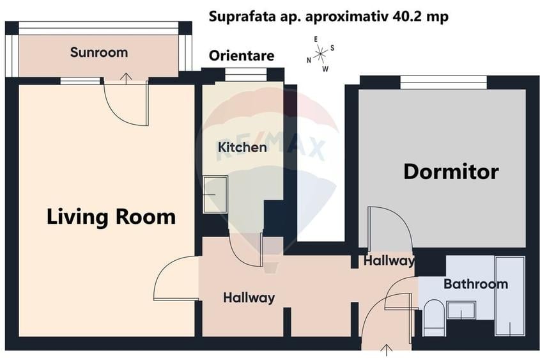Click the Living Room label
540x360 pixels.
(x=111, y=217)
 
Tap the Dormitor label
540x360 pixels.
(x=451, y=171)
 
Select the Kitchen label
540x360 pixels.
(x=242, y=148)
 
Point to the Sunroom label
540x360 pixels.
(x=99, y=52)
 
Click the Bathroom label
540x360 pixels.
(x=475, y=283)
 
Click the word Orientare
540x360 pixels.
(x=242, y=56)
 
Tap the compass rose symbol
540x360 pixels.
(x=320, y=53)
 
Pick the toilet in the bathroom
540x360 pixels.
(x=433, y=317)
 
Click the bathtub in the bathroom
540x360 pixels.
(x=509, y=295)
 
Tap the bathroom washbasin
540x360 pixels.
(x=460, y=309)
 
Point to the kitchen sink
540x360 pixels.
(x=215, y=194)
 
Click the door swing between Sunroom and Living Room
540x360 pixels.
(x=125, y=102)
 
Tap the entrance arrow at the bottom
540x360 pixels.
(x=386, y=349)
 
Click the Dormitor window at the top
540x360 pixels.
(x=443, y=82)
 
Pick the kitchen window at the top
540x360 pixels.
(x=245, y=75)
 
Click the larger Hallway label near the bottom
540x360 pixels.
(x=249, y=297)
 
